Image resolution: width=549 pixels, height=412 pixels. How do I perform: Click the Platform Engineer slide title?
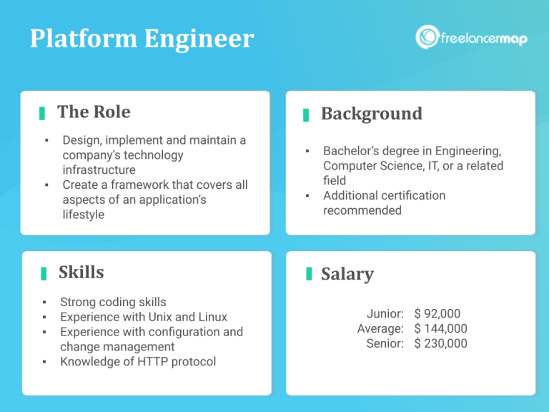click(x=142, y=39)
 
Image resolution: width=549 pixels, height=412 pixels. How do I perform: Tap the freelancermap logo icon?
click(x=427, y=37)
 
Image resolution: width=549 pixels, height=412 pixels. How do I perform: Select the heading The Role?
click(x=94, y=112)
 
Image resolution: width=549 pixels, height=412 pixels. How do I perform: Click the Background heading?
click(x=372, y=114)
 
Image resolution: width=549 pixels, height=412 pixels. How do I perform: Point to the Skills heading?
click(x=81, y=273)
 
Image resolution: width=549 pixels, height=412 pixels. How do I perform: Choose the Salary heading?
click(x=347, y=274)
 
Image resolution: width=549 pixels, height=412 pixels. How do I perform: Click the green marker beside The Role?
click(x=42, y=113)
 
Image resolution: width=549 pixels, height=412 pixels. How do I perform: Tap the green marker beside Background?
click(x=306, y=114)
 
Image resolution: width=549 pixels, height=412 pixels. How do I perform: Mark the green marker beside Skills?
click(x=44, y=273)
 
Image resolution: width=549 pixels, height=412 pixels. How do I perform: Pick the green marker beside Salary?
click(x=309, y=274)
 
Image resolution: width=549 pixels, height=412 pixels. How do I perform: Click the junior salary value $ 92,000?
click(x=437, y=313)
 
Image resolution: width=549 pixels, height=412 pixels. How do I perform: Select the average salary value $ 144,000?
click(x=440, y=328)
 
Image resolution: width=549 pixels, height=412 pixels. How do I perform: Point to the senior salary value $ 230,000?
click(x=440, y=343)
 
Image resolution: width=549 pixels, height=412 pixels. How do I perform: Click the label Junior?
click(x=385, y=313)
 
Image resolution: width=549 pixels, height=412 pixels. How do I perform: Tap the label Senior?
click(x=385, y=343)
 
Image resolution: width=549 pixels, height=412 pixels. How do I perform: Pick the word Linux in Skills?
click(x=211, y=317)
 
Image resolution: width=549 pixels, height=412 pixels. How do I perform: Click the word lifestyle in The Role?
click(x=84, y=215)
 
